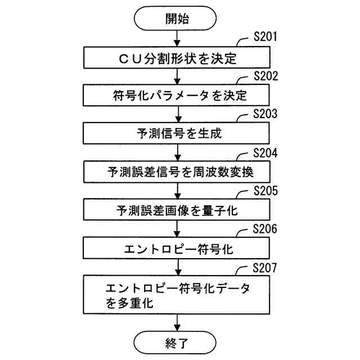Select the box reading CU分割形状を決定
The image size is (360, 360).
click(177, 57)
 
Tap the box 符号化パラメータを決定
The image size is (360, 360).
click(177, 96)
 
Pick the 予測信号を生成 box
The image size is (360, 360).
click(177, 134)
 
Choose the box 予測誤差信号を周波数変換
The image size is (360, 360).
click(177, 172)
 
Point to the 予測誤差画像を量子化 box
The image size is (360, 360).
click(177, 210)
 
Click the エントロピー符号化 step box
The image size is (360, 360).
click(177, 247)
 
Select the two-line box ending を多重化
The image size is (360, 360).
click(177, 295)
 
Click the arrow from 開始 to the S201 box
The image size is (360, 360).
click(177, 39)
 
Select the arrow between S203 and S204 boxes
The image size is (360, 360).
click(177, 153)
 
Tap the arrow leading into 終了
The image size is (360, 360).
click(177, 322)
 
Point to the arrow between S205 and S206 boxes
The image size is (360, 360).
click(177, 229)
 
